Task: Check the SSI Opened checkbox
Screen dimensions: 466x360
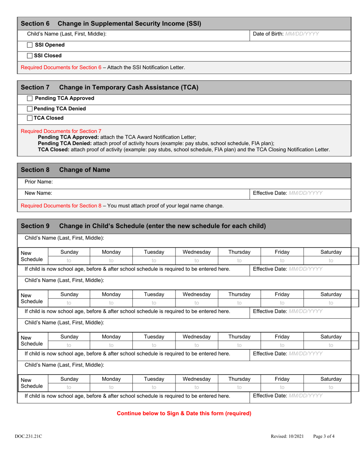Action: pyautogui.click(x=30, y=45)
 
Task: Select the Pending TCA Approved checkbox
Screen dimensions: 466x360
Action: pyautogui.click(x=30, y=99)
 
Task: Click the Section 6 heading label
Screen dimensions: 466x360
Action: pyautogui.click(x=35, y=23)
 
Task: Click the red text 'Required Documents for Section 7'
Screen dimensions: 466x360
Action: pyautogui.click(x=61, y=131)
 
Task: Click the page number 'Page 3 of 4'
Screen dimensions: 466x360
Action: pyautogui.click(x=324, y=436)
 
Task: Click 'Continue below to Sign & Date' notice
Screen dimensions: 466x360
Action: pyautogui.click(x=184, y=413)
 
